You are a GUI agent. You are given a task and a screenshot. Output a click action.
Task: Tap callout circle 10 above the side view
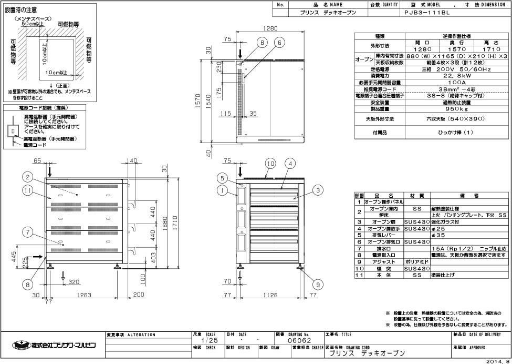pos(270,164)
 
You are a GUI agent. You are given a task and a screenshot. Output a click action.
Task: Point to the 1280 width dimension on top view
pos(271,30)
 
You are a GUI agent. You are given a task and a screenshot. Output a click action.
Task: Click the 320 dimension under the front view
pos(74,282)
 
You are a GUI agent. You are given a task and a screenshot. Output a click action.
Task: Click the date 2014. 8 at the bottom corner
pos(496,360)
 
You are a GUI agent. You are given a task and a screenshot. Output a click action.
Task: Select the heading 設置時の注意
pos(21,10)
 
